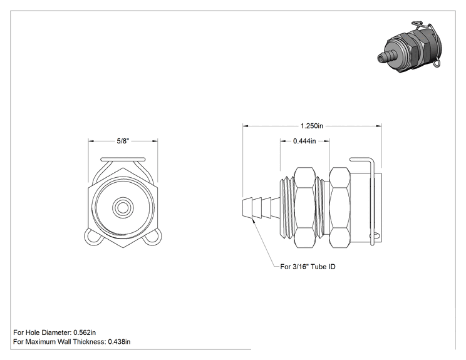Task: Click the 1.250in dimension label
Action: tap(312, 126)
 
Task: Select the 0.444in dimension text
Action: tap(304, 141)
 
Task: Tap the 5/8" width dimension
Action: tap(123, 141)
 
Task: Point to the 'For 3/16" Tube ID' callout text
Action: tap(308, 267)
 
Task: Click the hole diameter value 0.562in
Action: tap(85, 332)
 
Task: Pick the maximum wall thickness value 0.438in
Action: tap(119, 342)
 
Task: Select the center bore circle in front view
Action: tap(123, 207)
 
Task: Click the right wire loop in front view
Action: tap(152, 237)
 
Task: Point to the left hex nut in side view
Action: tap(304, 207)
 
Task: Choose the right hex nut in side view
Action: tap(340, 207)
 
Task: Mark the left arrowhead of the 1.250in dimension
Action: tap(246, 126)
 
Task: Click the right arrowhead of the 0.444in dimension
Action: tap(326, 141)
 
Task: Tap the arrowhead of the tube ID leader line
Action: tap(254, 220)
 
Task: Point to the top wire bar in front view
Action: tap(123, 160)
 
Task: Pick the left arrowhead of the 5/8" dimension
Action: tap(91, 141)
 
